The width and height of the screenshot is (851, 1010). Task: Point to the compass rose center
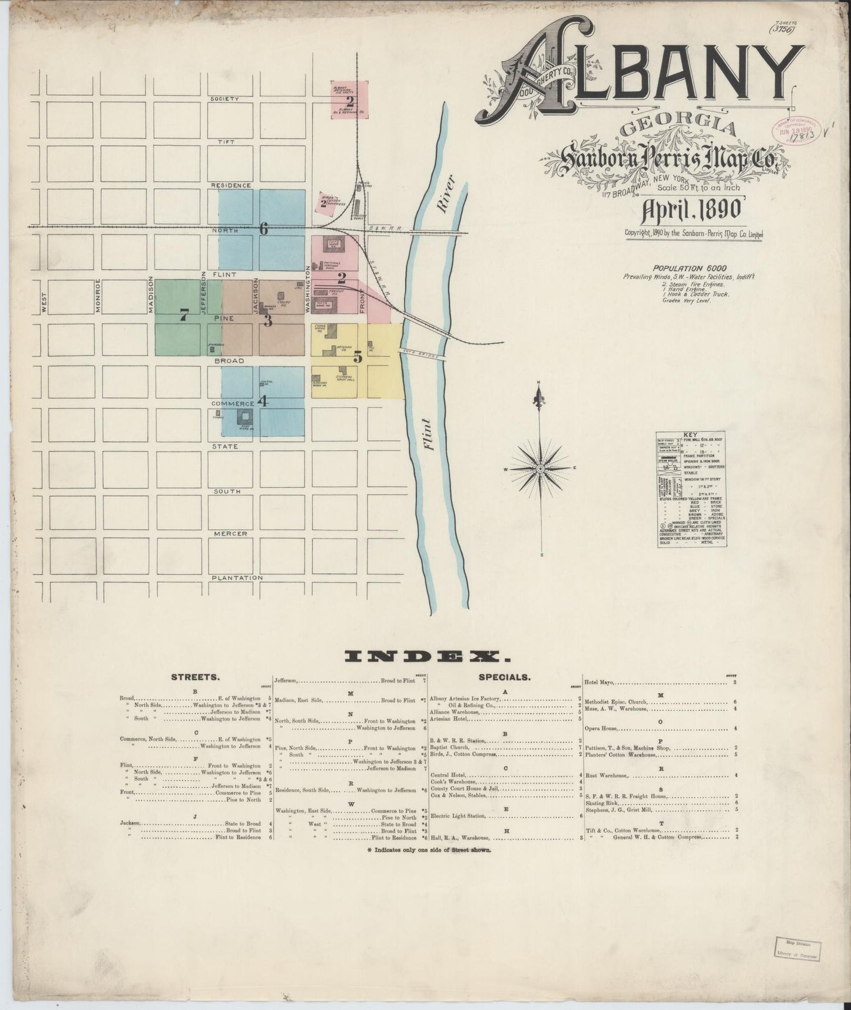click(x=539, y=468)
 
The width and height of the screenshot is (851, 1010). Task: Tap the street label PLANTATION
click(x=237, y=578)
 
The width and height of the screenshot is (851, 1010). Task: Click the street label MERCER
click(x=230, y=534)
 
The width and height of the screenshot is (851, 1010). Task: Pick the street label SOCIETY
click(x=225, y=99)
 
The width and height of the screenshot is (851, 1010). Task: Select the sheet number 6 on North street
click(x=263, y=230)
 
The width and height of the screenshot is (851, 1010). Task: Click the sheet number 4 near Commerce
click(x=263, y=402)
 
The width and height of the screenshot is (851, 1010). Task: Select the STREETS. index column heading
click(x=196, y=678)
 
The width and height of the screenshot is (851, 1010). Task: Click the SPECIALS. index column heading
click(x=505, y=678)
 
